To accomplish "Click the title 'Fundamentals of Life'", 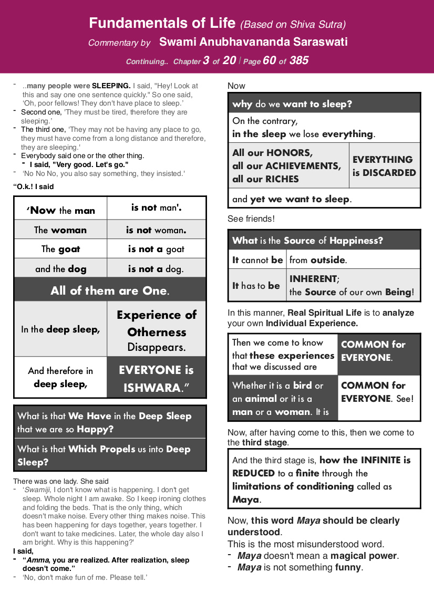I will coord(162,23).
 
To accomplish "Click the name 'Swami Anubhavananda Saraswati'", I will coord(253,42).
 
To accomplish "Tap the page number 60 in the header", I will coord(269,60).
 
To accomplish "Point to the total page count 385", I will coord(299,60).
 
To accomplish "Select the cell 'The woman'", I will coord(60,230).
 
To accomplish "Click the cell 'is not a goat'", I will coord(156,249).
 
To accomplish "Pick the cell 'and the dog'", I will coord(60,269).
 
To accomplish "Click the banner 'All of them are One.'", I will coord(110,290).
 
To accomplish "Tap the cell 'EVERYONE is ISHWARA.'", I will coord(156,379).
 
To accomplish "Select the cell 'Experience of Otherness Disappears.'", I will coord(156,331).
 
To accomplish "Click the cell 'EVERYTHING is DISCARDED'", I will coord(384,166).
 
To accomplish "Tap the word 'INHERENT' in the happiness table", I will coord(314,279).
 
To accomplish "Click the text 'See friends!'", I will coord(251,218).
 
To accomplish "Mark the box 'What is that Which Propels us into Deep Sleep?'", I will coord(110,455).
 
